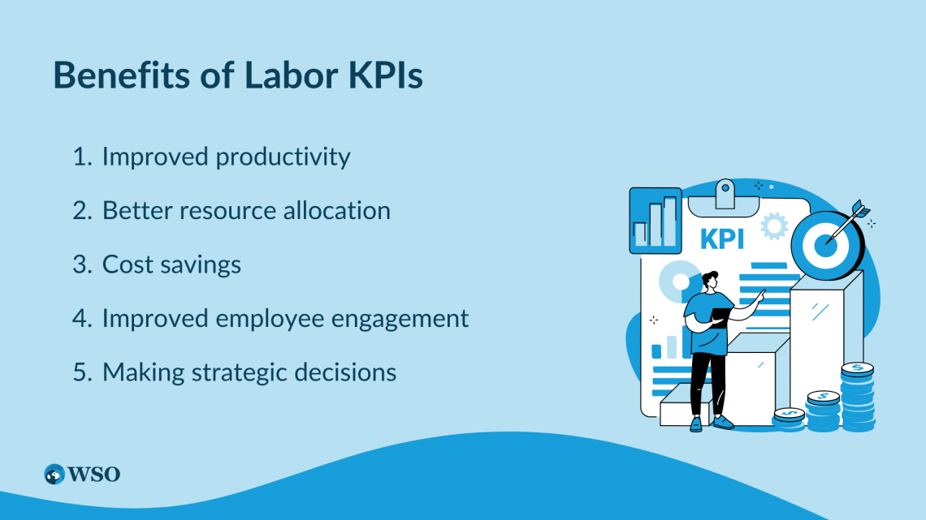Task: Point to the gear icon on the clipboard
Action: [774, 226]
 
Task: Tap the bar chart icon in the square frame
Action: [656, 220]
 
